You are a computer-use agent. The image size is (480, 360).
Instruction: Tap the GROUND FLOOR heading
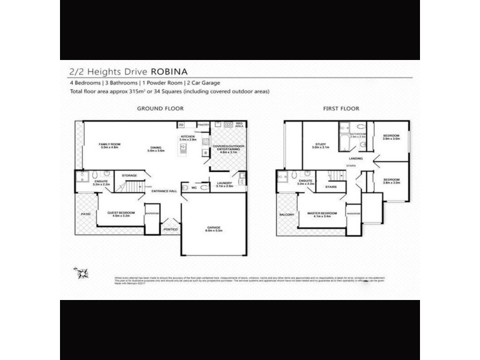tap(160, 109)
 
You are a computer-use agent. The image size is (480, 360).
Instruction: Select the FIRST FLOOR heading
tap(342, 109)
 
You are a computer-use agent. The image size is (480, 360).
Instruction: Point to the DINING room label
tap(155, 149)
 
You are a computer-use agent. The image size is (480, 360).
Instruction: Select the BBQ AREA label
tap(238, 125)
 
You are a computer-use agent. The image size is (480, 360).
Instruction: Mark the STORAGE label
tap(130, 175)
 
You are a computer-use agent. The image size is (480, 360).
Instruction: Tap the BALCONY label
tap(286, 215)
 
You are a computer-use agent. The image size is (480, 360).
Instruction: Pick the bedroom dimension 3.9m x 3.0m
tap(391, 139)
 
